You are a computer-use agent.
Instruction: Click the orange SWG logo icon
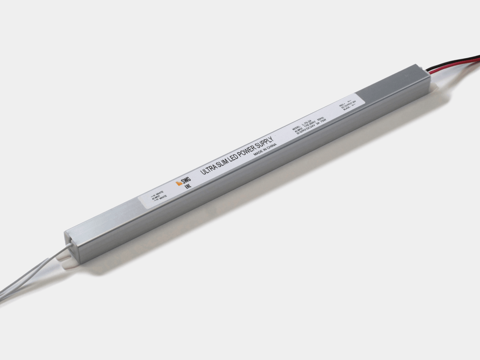point(179,184)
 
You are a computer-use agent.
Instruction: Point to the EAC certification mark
point(188,186)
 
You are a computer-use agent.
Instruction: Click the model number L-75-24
point(307,123)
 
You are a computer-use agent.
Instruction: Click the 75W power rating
point(323,121)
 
